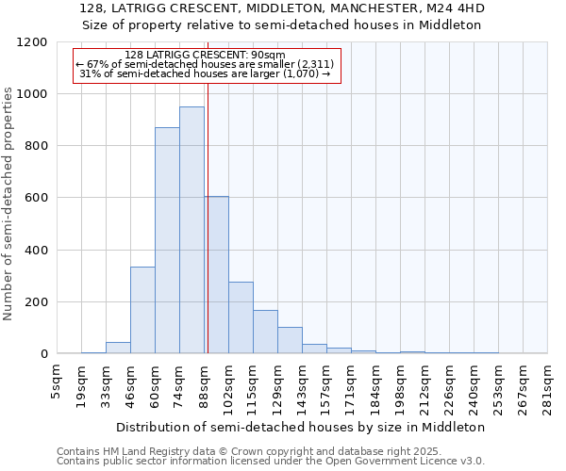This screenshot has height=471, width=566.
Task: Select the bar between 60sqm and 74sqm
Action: [x=167, y=240]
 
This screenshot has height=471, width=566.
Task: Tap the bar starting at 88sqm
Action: [x=217, y=275]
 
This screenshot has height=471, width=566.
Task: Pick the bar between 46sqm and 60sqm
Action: [x=142, y=310]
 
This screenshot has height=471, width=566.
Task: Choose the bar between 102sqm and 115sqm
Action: [x=241, y=317]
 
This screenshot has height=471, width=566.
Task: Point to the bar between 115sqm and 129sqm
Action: [x=265, y=332]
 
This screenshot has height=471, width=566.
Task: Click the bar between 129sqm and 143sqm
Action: [x=290, y=340]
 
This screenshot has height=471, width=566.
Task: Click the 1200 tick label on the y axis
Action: [x=32, y=42]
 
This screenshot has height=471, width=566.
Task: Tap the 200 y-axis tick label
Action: [x=36, y=302]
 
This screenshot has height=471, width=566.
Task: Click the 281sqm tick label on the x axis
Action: [x=547, y=383]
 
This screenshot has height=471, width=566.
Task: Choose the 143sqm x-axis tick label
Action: [x=302, y=383]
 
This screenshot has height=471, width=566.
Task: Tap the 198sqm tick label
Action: [x=400, y=383]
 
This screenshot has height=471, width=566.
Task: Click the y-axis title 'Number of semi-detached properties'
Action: [x=9, y=198]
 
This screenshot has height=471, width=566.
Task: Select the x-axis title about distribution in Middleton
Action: [x=302, y=427]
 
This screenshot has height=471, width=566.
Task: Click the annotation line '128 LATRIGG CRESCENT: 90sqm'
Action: [x=205, y=55]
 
